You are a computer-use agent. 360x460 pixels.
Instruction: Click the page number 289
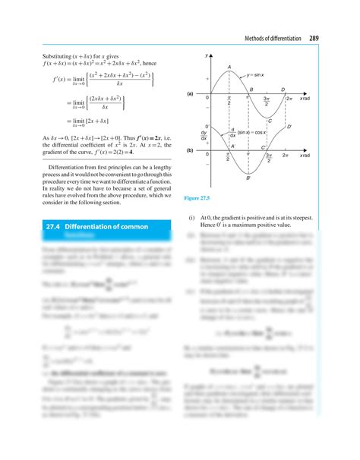pyautogui.click(x=314, y=39)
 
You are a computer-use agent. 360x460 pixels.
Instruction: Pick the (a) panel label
pyautogui.click(x=191, y=93)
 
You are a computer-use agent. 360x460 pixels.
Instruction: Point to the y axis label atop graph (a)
pyautogui.click(x=207, y=57)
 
